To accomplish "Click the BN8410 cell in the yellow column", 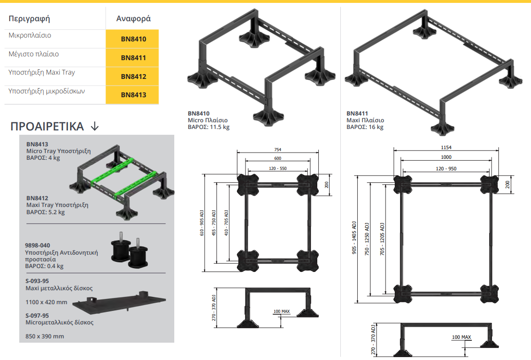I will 133,39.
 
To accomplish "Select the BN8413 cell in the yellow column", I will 133,95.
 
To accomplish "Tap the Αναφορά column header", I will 133,19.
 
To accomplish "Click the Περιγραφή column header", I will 29,19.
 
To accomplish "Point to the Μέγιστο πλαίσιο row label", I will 34,54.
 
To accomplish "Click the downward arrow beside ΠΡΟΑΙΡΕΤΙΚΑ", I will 95,127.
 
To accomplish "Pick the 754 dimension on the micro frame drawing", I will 277,149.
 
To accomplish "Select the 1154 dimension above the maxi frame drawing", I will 446,147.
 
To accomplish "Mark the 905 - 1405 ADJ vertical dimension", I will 354,239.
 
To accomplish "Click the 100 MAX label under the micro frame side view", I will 282,311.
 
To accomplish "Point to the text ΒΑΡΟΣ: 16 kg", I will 365,127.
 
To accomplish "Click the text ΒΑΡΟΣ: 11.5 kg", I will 208,127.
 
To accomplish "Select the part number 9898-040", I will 38,245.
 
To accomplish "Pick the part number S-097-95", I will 37,315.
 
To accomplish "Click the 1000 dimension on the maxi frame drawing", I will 446,157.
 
